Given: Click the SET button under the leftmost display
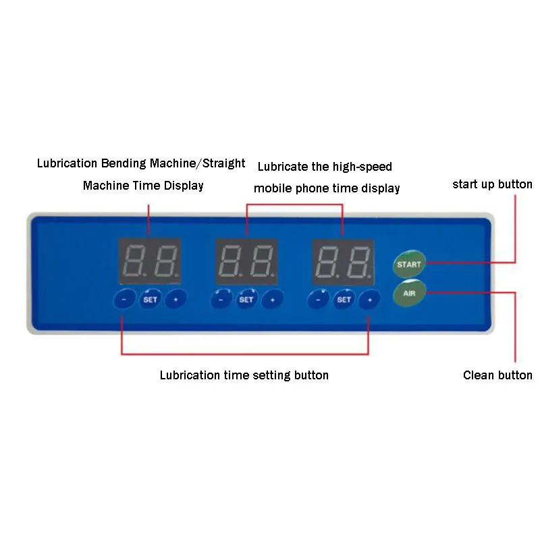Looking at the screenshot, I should pos(150,299).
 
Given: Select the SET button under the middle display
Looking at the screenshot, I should pos(246,299).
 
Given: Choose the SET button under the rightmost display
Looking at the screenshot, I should pos(344,299).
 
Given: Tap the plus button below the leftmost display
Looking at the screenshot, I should pos(175,299).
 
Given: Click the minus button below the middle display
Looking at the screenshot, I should pos(221,299).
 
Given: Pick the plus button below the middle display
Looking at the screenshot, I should pos(272,299).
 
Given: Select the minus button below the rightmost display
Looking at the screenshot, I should pos(318,299).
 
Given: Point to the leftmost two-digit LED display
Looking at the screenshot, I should pos(149,261).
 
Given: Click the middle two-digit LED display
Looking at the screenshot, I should pos(246,261).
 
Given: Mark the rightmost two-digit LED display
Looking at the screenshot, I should pos(343,261).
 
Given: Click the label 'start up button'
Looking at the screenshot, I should pos(492,184).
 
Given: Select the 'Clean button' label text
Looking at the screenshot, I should pos(497,375).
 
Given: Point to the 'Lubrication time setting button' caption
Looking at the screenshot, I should pos(244,375).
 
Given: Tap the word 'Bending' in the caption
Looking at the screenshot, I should pos(125,163).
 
